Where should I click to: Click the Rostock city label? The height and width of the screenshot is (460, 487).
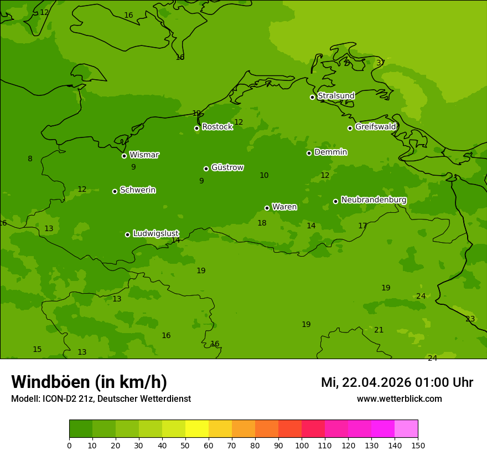[217, 127]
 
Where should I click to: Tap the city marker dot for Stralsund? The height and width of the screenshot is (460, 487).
[312, 97]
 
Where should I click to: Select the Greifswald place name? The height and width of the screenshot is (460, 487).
[375, 127]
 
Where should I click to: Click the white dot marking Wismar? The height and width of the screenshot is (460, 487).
[124, 156]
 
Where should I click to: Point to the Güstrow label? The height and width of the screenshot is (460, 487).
[227, 167]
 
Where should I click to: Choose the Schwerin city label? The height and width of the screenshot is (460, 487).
[137, 190]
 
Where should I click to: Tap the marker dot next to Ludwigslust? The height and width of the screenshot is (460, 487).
[127, 234]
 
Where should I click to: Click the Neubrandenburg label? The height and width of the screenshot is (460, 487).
[374, 200]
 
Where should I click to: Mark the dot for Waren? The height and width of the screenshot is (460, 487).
[267, 208]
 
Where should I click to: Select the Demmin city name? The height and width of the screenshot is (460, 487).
[330, 152]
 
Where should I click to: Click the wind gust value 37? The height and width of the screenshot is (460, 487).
[381, 63]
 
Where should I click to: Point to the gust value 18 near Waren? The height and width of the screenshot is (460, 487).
[262, 223]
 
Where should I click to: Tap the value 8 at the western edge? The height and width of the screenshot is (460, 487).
[30, 159]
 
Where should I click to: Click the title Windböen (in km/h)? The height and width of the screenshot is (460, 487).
[89, 382]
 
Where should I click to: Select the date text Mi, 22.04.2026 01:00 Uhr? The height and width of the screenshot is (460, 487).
[397, 382]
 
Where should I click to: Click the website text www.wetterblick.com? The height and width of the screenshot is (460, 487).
[399, 399]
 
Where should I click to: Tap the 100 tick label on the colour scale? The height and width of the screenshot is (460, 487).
[302, 445]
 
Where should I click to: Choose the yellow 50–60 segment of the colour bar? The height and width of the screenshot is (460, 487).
[197, 429]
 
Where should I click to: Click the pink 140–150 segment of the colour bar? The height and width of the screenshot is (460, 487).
[406, 429]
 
